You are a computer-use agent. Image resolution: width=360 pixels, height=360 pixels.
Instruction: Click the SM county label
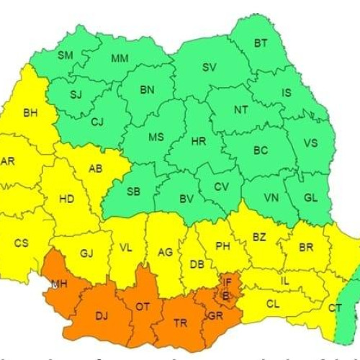pos(66,55)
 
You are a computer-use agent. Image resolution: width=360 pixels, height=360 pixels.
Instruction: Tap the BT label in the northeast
pos(260,44)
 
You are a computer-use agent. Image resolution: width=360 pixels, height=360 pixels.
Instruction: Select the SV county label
pos(209,67)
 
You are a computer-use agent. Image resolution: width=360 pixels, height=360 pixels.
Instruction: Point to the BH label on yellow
pos(30,113)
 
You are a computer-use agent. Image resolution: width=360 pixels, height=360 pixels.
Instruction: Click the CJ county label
pos(97,122)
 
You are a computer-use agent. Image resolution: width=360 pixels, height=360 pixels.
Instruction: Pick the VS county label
pos(310,143)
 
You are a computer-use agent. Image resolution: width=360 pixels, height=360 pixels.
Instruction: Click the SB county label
pos(133,192)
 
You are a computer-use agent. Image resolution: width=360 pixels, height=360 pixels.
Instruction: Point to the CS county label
pos(22,243)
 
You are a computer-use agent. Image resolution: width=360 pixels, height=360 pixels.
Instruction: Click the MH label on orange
pos(59,285)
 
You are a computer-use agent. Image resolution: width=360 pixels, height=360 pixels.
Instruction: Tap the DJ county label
pos(102,315)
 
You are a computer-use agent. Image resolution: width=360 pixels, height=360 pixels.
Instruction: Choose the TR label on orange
pos(180,323)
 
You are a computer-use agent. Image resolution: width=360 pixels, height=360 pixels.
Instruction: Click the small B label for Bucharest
pos(226,295)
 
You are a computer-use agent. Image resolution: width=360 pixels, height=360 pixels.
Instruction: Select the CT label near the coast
pos(335,308)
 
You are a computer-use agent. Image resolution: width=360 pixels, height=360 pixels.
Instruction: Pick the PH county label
pos(222,246)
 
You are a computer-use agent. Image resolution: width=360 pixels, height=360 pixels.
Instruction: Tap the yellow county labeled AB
pos(94,169)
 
